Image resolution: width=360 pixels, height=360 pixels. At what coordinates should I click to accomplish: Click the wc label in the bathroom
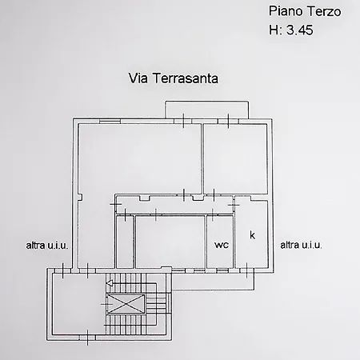coord(221,245)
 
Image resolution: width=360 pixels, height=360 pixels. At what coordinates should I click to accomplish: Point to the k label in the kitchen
coord(252,235)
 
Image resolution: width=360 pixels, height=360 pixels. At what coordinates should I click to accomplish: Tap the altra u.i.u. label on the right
coord(301,246)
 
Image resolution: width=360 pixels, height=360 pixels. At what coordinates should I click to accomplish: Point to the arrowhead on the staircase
coord(109,284)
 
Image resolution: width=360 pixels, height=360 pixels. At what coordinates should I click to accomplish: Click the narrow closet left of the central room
coord(124,241)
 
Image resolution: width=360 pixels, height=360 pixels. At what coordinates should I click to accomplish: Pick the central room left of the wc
coord(170,241)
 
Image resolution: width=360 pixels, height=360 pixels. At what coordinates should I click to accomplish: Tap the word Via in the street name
coord(138,78)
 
